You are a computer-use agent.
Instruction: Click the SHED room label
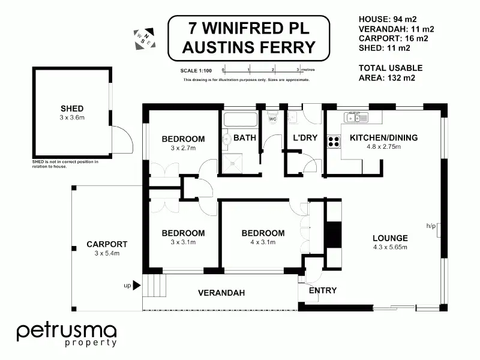click(x=72, y=109)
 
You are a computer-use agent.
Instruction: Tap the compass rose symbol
click(x=145, y=39)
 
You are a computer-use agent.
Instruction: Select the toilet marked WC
click(x=272, y=118)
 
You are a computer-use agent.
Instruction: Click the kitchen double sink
click(x=356, y=117)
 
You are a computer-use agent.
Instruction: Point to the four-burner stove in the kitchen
click(x=334, y=142)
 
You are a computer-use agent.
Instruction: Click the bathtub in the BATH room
click(x=241, y=119)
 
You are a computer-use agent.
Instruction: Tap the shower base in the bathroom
click(x=232, y=163)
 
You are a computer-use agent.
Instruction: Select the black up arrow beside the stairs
click(x=137, y=286)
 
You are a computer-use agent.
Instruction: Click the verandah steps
click(x=154, y=286)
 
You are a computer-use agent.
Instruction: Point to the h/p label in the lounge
click(x=431, y=226)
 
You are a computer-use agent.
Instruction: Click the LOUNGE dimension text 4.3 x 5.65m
click(x=391, y=247)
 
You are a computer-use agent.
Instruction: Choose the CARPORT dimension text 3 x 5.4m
click(x=107, y=253)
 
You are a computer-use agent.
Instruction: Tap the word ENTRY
click(x=323, y=290)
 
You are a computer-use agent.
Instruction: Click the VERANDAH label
click(x=221, y=293)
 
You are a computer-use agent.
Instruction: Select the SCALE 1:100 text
click(x=196, y=71)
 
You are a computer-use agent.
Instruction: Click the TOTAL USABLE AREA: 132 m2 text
click(x=391, y=73)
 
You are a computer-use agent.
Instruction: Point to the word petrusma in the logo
click(x=67, y=332)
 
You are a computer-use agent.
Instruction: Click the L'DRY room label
click(x=305, y=138)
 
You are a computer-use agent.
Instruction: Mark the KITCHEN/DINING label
click(x=384, y=138)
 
